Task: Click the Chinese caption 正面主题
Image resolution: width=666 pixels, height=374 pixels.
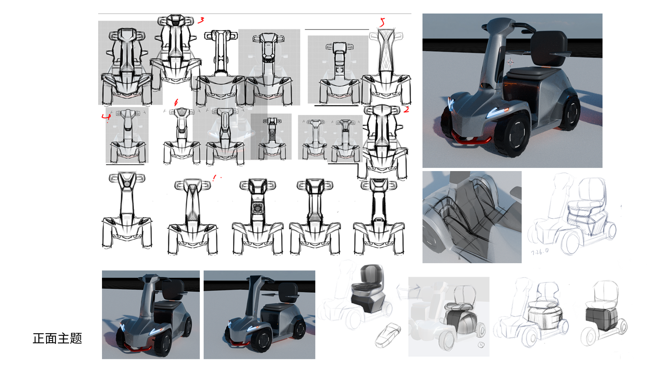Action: click(57, 338)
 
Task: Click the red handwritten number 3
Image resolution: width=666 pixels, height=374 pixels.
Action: click(201, 20)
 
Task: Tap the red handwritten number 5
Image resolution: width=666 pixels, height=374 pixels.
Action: click(382, 23)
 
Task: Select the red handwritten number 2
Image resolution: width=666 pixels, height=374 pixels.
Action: click(406, 110)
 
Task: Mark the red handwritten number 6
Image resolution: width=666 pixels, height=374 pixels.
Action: click(176, 103)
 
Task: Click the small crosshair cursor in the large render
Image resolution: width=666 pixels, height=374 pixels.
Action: click(510, 62)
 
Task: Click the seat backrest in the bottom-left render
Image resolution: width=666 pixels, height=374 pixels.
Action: click(173, 290)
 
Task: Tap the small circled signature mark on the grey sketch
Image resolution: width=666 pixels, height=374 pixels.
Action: click(481, 345)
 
